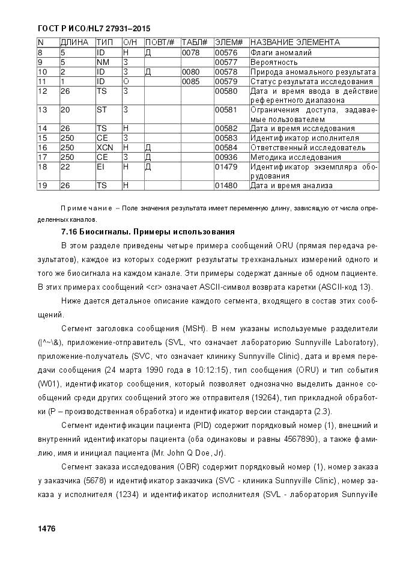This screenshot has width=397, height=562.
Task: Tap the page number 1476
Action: tap(46, 528)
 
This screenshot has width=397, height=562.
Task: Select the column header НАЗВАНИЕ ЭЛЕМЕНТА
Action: tap(294, 43)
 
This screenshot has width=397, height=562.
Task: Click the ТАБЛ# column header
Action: tap(194, 43)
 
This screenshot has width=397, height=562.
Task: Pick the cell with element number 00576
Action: tap(226, 53)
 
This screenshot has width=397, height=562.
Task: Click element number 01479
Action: tap(226, 167)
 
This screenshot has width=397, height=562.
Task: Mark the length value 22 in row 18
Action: tap(65, 167)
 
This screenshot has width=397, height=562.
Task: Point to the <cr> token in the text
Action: tap(152, 286)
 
